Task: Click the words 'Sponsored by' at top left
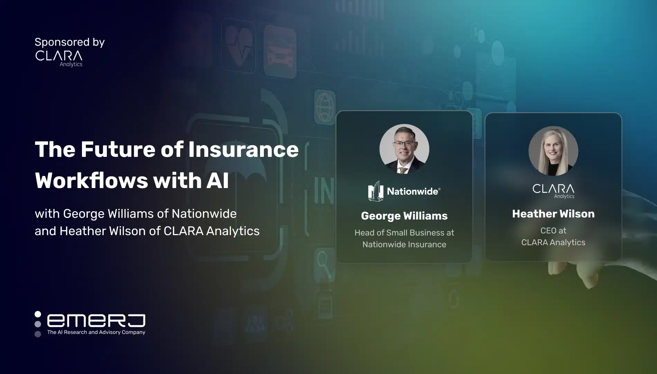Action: (70, 43)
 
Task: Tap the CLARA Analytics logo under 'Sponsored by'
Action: (59, 59)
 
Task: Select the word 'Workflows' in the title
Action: (91, 180)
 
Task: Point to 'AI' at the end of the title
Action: (218, 180)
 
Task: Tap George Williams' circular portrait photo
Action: (404, 149)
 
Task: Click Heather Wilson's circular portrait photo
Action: (553, 151)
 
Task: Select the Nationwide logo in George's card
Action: (404, 191)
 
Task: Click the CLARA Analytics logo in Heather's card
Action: (553, 191)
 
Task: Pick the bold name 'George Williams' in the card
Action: (404, 216)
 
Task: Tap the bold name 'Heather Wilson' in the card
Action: (553, 214)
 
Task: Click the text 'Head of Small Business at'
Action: (404, 233)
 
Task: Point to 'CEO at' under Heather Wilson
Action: (553, 231)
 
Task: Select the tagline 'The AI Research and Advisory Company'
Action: (96, 332)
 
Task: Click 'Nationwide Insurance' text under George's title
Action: (404, 244)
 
